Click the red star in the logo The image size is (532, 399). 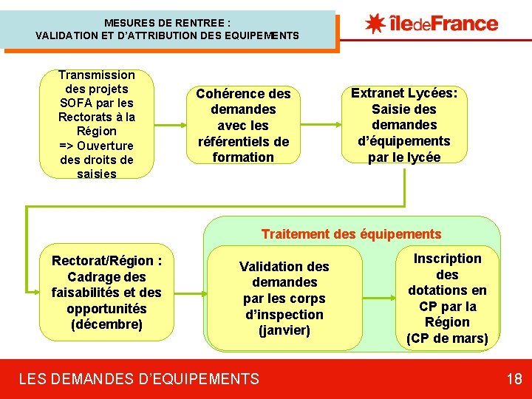tap(375, 23)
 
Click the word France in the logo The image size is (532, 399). tap(465, 23)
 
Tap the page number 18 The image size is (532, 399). tap(514, 380)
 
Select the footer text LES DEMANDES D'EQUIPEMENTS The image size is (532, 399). tap(139, 380)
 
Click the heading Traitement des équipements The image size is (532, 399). tap(351, 234)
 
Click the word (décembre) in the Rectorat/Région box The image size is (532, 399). tap(107, 324)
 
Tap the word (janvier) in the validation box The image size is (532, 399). tap(284, 330)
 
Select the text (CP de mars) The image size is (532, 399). tap(447, 338)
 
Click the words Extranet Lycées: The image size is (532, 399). tap(404, 93)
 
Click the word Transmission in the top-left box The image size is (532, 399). tap(97, 75)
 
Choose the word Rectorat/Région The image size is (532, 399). tap(103, 261)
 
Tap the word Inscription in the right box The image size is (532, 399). tap(447, 259)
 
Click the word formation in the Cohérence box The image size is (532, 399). tap(243, 157)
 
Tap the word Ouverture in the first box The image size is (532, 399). tap(106, 146)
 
